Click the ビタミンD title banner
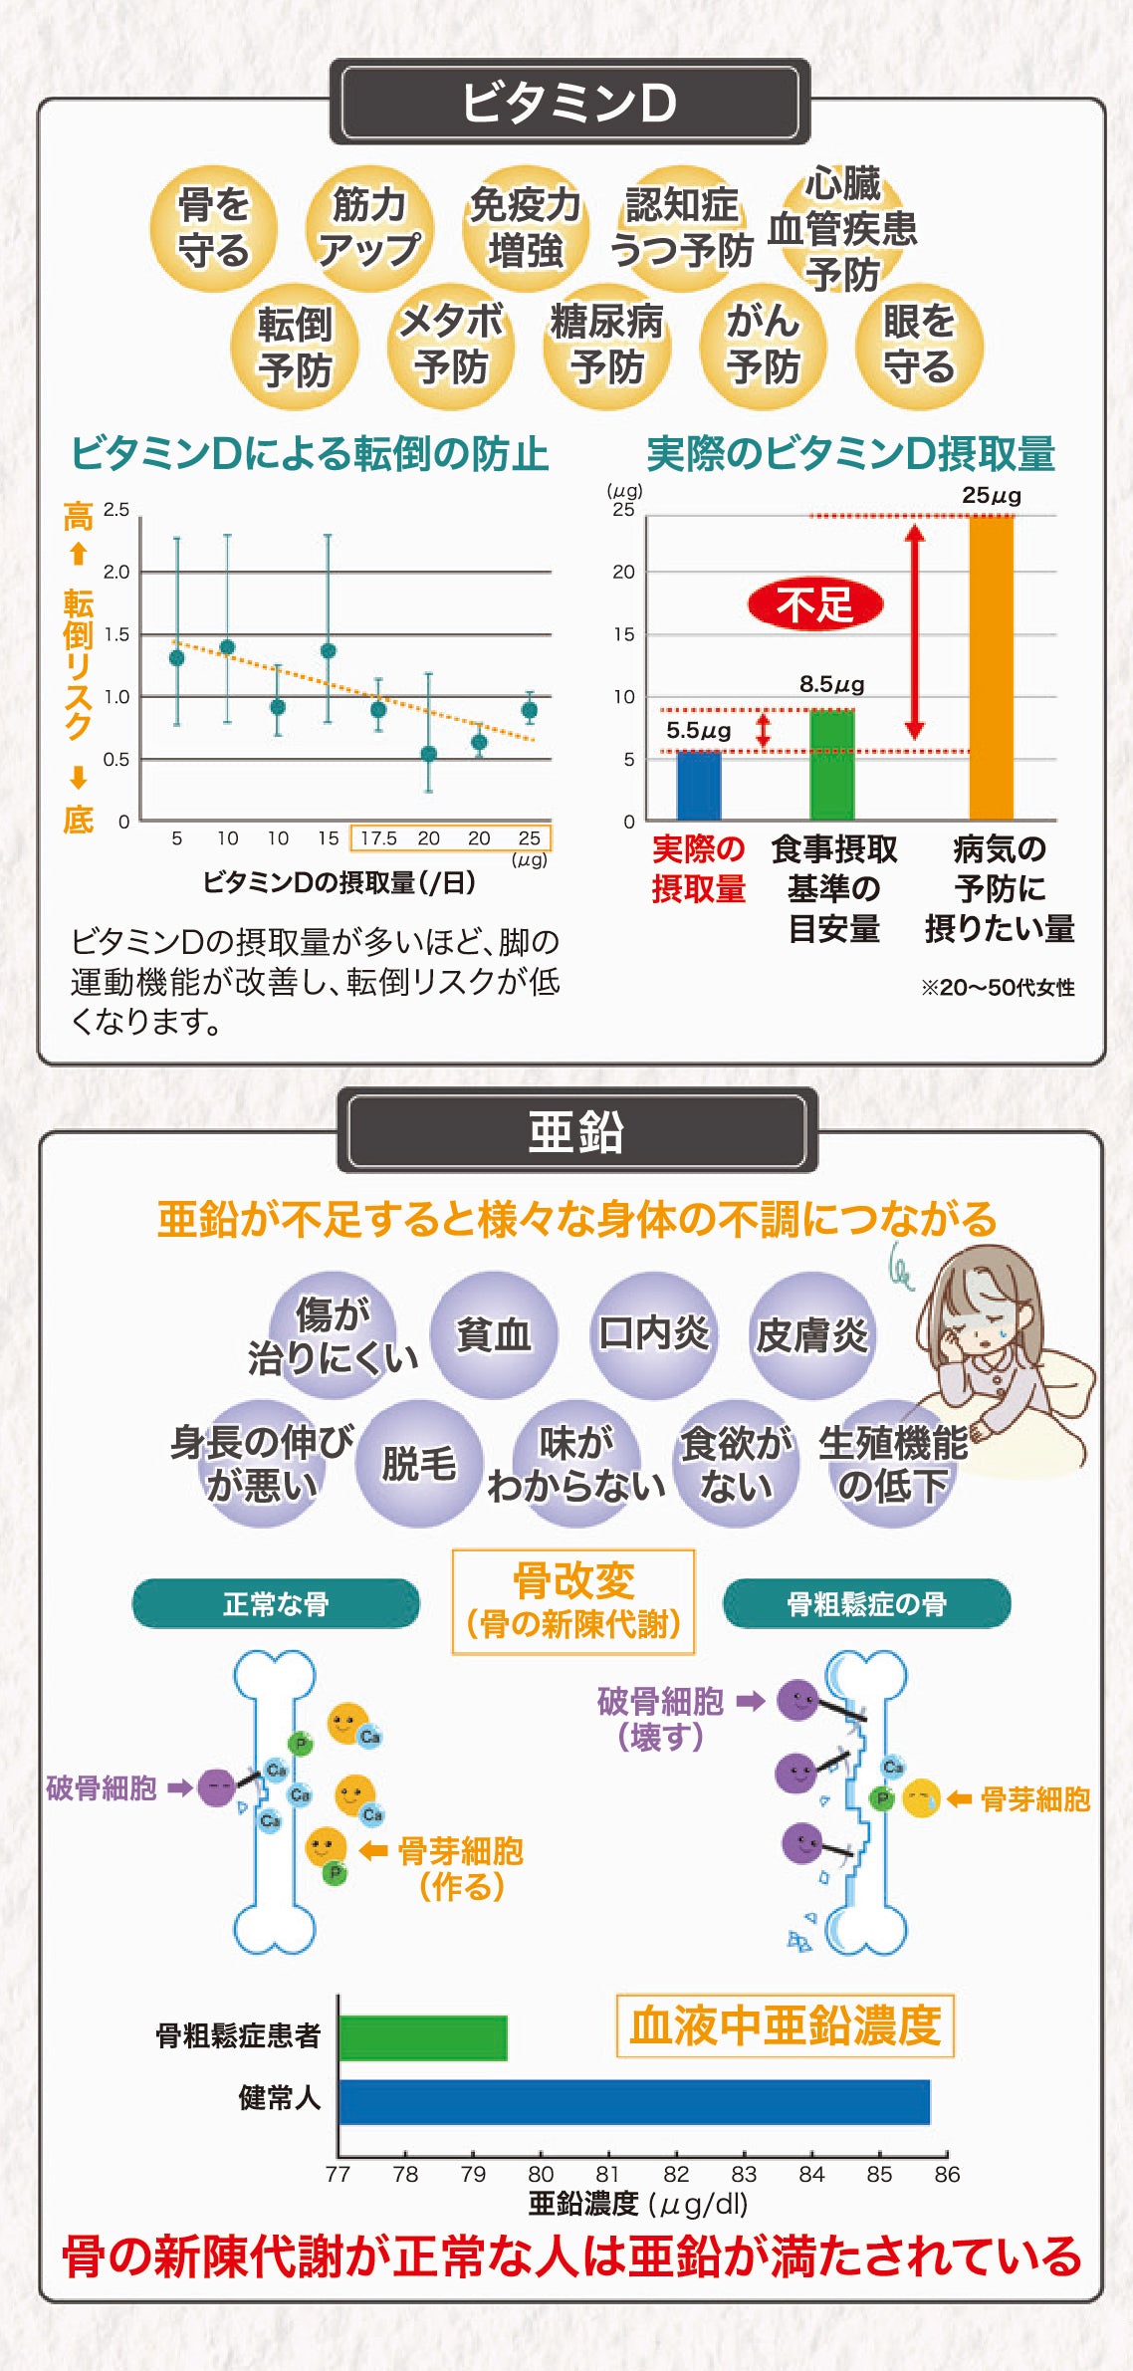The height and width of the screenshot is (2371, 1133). pyautogui.click(x=568, y=102)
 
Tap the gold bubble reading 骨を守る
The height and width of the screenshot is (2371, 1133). pyautogui.click(x=213, y=228)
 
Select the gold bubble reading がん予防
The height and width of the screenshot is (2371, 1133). pyautogui.click(x=763, y=345)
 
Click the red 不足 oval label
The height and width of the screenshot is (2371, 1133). pyautogui.click(x=815, y=604)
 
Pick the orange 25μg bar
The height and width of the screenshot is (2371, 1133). pyautogui.click(x=992, y=667)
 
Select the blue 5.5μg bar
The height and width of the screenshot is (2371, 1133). pyautogui.click(x=698, y=786)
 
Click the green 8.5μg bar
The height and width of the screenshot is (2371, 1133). pyautogui.click(x=832, y=764)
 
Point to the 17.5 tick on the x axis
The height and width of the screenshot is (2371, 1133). pyautogui.click(x=378, y=838)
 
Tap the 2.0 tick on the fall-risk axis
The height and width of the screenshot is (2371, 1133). pyautogui.click(x=116, y=572)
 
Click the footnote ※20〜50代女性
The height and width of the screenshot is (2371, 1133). pyautogui.click(x=997, y=987)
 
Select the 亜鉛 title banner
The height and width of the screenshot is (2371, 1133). pyautogui.click(x=576, y=1131)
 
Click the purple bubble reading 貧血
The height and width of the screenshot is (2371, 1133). pyautogui.click(x=494, y=1335)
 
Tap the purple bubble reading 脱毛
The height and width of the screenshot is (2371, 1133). pyautogui.click(x=419, y=1463)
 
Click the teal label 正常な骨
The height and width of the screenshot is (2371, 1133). pyautogui.click(x=276, y=1603)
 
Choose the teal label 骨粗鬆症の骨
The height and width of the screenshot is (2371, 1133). pyautogui.click(x=866, y=1603)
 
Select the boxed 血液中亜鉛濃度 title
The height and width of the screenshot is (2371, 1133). pyautogui.click(x=785, y=2025)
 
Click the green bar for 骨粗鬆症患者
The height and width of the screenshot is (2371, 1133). pyautogui.click(x=423, y=2037)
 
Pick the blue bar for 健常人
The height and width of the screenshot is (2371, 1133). pyautogui.click(x=633, y=2101)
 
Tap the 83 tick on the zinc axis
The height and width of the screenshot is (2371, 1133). pyautogui.click(x=744, y=2174)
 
